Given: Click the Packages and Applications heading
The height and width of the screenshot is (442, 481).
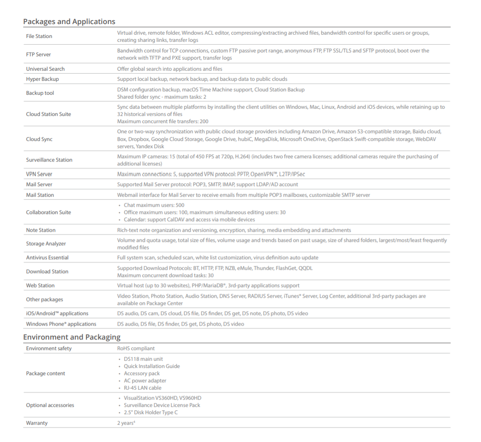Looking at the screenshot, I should tap(69, 22).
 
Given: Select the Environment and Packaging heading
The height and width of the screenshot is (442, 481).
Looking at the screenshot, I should tap(72, 337).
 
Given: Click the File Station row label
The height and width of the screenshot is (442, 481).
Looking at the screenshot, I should tap(39, 37).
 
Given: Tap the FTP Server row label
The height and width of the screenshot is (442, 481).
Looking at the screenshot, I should tap(38, 54).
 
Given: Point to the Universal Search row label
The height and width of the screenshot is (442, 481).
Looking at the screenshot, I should tap(45, 69).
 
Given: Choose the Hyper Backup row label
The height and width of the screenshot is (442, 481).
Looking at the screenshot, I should tap(42, 79).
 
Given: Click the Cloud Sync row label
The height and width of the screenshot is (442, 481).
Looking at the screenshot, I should tap(39, 139).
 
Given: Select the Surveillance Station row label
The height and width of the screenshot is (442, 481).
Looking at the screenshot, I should tap(49, 160).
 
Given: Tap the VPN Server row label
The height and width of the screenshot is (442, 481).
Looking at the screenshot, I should tap(39, 174).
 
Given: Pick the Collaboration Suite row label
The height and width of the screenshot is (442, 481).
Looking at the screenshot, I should tap(48, 213).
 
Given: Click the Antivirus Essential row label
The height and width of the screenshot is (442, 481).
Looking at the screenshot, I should tap(47, 258).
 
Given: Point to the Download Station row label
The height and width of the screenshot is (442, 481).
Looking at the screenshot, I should tap(47, 272).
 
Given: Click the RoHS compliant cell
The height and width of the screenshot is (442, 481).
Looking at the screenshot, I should tap(136, 348).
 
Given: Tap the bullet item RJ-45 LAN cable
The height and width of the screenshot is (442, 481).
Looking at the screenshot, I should tap(142, 388).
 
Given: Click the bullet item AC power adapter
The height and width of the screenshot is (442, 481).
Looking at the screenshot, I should tap(145, 380).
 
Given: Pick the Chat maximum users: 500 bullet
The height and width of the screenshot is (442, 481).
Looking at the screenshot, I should tap(154, 205).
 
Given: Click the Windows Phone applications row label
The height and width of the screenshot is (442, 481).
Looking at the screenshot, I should tap(61, 324).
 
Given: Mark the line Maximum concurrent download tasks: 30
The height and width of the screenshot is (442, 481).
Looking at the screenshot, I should tap(165, 276).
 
